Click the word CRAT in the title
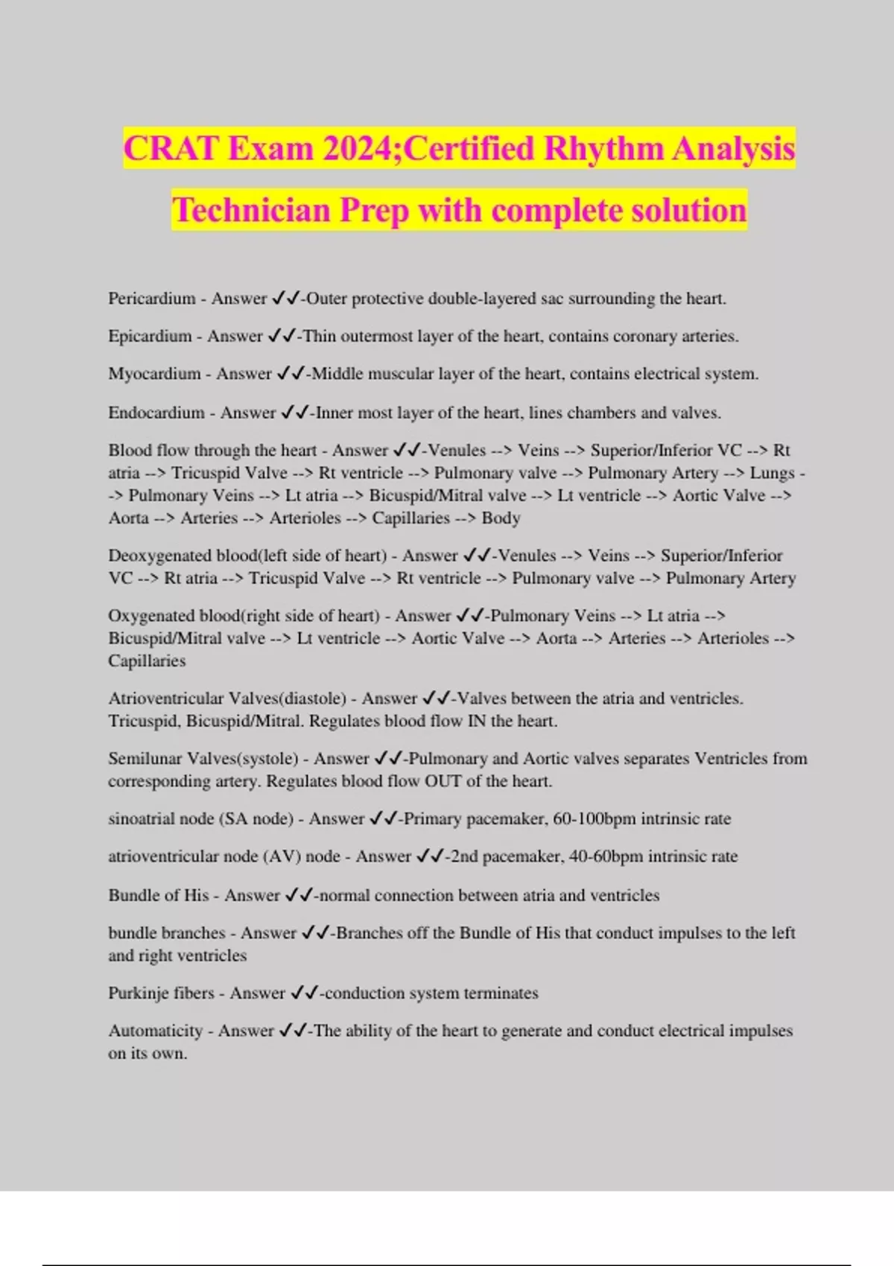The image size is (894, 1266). tap(171, 149)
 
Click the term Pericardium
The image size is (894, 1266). tap(151, 299)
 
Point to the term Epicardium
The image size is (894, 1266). tap(149, 336)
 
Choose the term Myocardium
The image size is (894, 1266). tap(154, 374)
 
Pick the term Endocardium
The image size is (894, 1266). tap(156, 413)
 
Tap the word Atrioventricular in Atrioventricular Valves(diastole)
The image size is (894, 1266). tap(165, 699)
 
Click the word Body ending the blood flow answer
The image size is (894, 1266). tap(501, 518)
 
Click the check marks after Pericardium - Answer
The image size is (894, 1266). tap(285, 299)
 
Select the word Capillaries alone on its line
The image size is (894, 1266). tap(147, 661)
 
